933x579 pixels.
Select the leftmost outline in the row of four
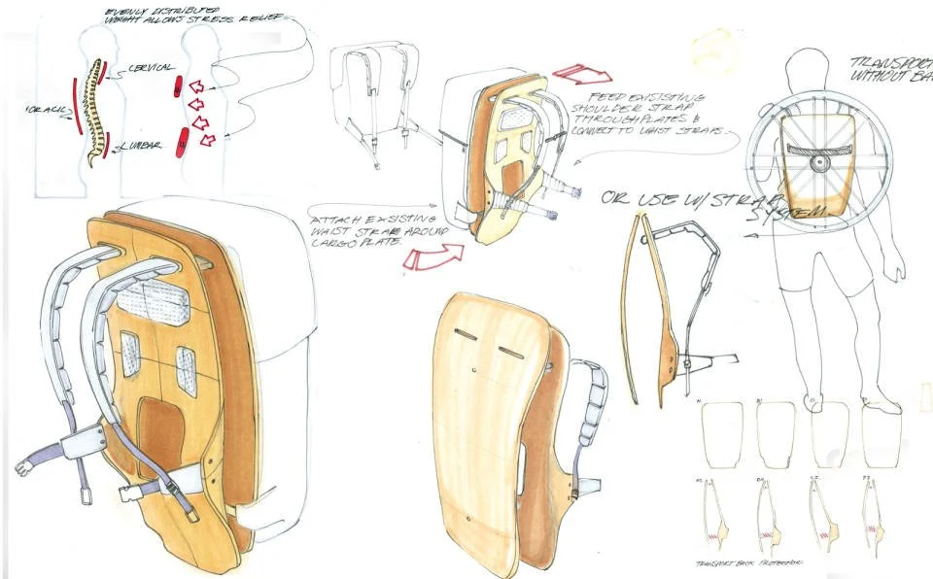pyautogui.click(x=721, y=433)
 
